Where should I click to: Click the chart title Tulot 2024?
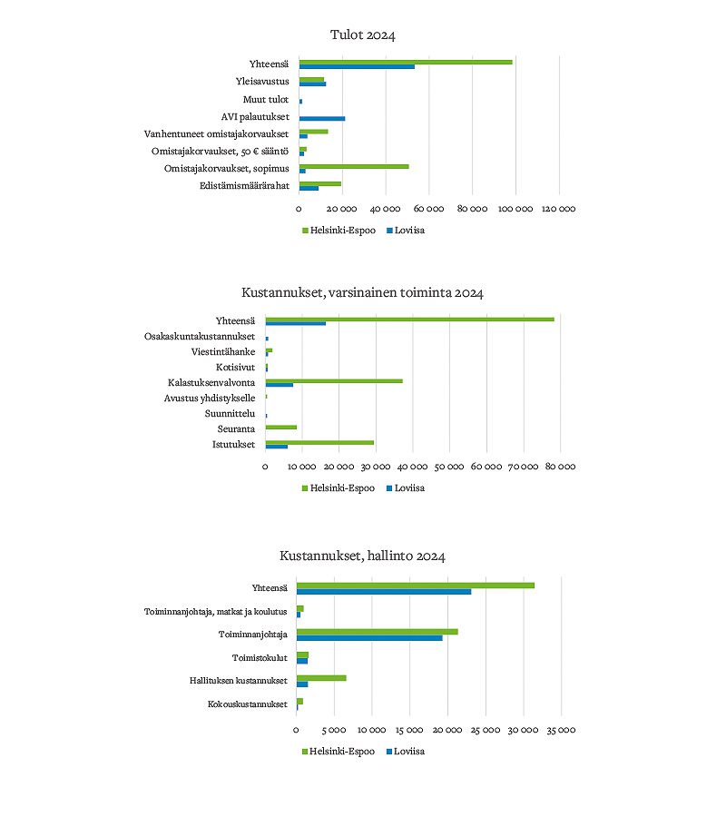[363, 35]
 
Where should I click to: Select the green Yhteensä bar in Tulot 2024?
[406, 62]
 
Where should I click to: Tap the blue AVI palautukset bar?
[322, 118]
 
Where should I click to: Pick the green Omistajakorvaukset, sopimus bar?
[354, 167]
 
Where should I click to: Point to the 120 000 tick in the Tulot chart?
[558, 209]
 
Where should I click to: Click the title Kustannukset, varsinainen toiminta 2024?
[363, 293]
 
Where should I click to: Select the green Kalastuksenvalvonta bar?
[334, 381]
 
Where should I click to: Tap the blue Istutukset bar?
[277, 447]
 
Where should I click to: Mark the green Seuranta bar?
[281, 427]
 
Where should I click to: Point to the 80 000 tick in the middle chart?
[559, 467]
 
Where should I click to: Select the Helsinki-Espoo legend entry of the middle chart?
[337, 487]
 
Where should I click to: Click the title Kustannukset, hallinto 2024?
[363, 556]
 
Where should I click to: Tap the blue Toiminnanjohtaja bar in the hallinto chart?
[369, 638]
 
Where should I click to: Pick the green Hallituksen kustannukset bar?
[321, 677]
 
